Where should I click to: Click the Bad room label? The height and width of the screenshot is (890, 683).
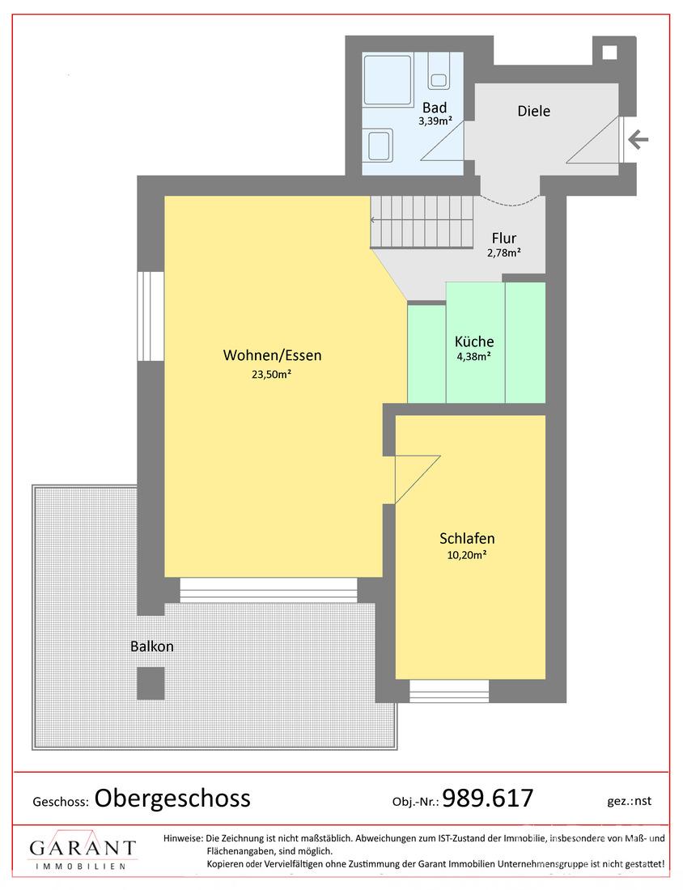(x=435, y=108)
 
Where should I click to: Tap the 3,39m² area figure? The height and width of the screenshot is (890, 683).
(x=435, y=121)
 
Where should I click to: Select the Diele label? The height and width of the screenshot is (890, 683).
(x=533, y=111)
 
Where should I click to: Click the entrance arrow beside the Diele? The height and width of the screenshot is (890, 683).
(x=638, y=139)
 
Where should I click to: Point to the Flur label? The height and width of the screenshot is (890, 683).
(x=504, y=239)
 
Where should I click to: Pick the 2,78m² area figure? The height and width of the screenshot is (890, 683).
(x=504, y=252)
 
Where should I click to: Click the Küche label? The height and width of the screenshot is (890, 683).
(x=474, y=341)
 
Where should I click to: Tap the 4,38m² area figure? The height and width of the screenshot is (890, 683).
(x=474, y=357)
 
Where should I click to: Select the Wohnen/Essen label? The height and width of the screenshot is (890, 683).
(x=273, y=355)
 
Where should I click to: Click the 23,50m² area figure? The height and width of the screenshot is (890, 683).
(x=272, y=374)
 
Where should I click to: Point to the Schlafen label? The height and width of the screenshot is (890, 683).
(x=467, y=538)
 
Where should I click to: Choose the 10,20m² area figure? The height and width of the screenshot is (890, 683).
(x=467, y=555)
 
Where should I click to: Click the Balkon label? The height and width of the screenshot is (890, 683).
(x=152, y=646)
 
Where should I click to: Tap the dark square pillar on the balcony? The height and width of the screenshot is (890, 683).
(x=151, y=684)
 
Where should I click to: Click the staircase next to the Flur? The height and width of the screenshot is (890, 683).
(x=422, y=222)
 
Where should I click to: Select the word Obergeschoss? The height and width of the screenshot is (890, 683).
(x=172, y=798)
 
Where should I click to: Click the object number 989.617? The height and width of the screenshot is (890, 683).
(x=488, y=798)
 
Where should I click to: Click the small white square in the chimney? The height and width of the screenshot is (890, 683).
(x=609, y=53)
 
